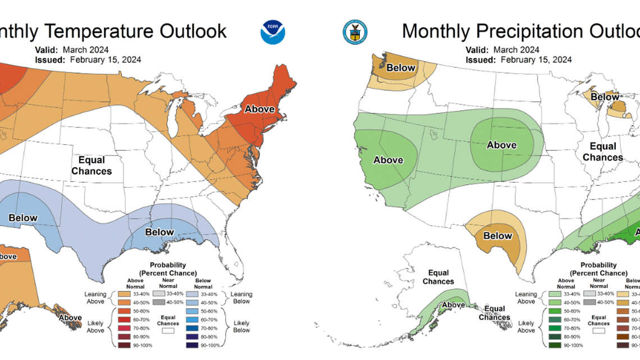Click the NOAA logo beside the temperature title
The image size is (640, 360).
(273, 32)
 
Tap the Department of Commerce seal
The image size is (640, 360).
(354, 31)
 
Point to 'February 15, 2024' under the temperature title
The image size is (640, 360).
(106, 60)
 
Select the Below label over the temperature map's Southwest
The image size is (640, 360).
(22, 218)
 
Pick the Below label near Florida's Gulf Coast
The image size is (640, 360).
(159, 232)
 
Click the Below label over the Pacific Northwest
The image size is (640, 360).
(401, 68)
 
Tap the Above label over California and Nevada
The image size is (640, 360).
(388, 160)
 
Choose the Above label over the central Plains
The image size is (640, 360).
(501, 145)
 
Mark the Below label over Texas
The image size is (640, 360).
(497, 236)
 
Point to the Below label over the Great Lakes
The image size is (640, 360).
(605, 97)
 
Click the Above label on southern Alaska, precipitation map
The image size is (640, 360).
(453, 305)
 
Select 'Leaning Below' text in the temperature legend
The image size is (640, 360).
(241, 298)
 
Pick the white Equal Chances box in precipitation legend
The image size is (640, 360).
(598, 331)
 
